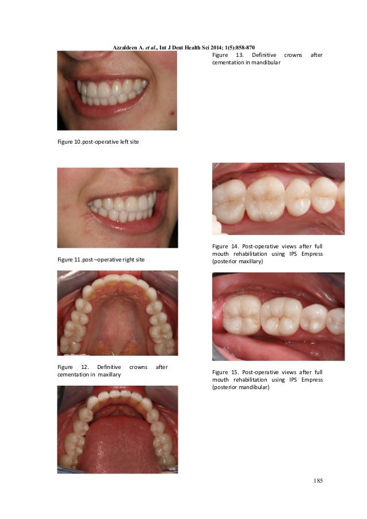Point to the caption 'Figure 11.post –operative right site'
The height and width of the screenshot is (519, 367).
click(101, 260)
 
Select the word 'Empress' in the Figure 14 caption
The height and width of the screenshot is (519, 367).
click(311, 253)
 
